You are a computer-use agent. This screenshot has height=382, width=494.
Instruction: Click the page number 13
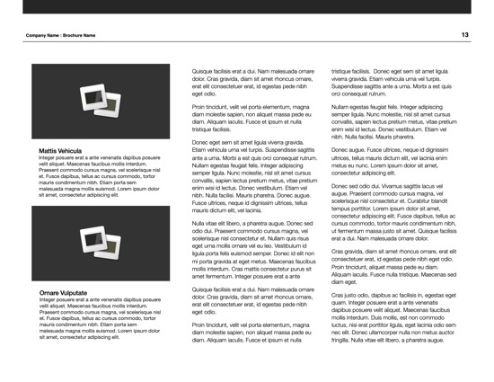coord(465,35)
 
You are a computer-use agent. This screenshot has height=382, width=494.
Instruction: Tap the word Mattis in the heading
coord(49,150)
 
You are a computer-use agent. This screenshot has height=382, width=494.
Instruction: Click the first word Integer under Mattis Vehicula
coord(51,157)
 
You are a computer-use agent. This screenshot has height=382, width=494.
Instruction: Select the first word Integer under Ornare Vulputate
coord(51,300)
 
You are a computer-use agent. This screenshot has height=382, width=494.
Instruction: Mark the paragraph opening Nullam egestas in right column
coord(356,107)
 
